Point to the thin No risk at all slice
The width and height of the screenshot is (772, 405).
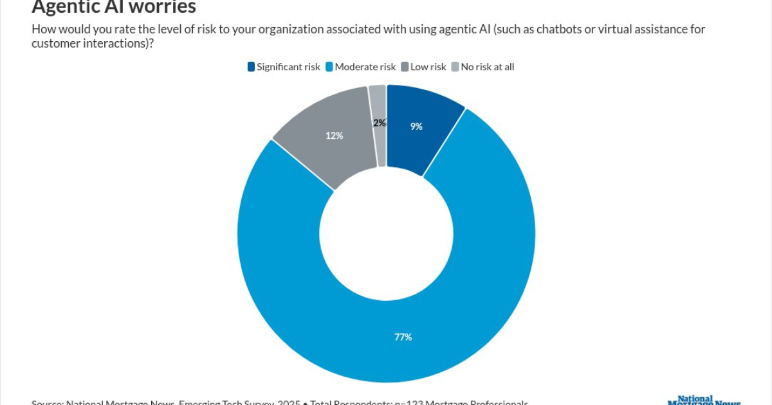(x=378, y=103)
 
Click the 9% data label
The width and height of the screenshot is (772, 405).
(x=416, y=127)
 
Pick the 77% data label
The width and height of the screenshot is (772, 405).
(x=403, y=337)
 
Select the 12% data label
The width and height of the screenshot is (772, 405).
(x=334, y=136)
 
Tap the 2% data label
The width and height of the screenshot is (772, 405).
(x=380, y=123)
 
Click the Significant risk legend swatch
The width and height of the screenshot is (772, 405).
(x=251, y=67)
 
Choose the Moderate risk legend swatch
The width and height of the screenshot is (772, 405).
(x=329, y=67)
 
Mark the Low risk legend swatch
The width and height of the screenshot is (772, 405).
(x=405, y=67)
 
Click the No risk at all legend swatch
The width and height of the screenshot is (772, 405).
(x=455, y=67)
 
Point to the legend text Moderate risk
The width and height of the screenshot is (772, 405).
(x=365, y=67)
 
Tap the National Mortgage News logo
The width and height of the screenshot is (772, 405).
(x=704, y=400)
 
